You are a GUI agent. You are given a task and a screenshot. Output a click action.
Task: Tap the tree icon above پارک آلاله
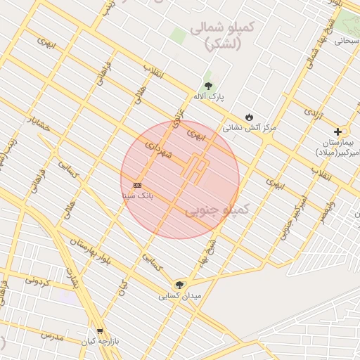[x=207, y=86]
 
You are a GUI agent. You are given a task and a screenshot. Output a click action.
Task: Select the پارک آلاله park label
[x=208, y=97]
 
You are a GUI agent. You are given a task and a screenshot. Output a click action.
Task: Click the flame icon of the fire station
[x=249, y=117]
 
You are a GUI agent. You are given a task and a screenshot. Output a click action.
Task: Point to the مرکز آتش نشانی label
[x=250, y=128]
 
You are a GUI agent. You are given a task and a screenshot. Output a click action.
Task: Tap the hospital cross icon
[x=337, y=131]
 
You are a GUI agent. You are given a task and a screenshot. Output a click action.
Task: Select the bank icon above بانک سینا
[x=137, y=185]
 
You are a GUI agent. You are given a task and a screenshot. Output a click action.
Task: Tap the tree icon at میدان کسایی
[x=180, y=285]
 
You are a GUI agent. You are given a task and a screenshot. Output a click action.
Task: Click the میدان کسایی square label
[x=180, y=296]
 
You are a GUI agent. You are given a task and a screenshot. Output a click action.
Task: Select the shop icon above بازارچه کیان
[x=99, y=330]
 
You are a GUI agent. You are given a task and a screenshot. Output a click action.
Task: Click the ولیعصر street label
[x=326, y=212]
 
